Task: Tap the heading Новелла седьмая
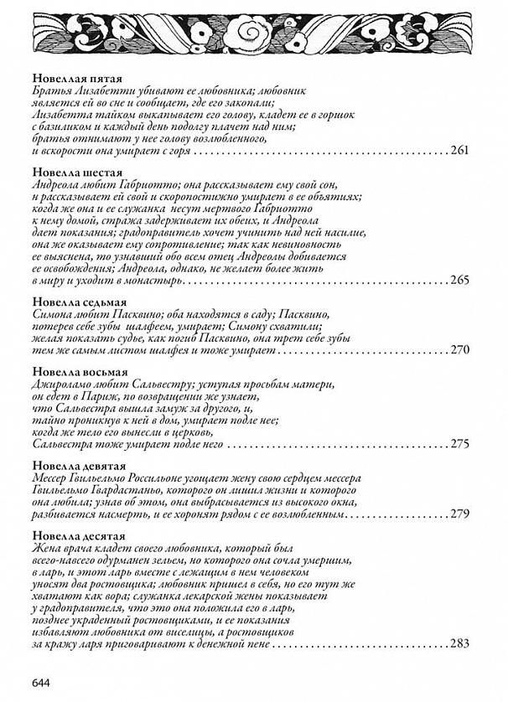tap(74, 301)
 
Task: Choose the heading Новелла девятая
tap(74, 465)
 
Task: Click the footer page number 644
tap(42, 682)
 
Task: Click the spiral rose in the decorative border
tap(249, 33)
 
